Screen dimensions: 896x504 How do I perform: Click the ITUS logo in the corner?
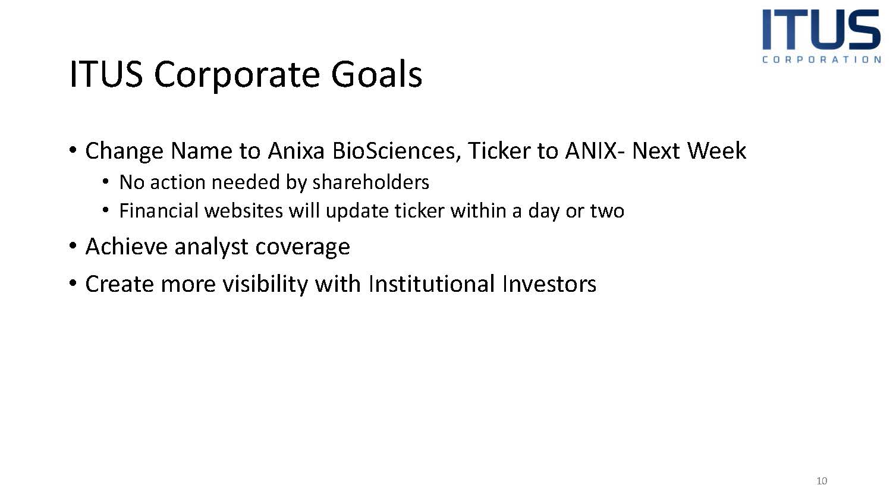[821, 36]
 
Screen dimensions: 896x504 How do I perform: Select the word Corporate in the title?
[237, 76]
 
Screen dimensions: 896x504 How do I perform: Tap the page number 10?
[822, 481]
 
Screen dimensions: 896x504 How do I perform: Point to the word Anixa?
[296, 151]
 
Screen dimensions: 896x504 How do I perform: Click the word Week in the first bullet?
[717, 151]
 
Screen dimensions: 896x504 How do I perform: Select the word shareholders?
[371, 182]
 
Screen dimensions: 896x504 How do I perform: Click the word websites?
[244, 211]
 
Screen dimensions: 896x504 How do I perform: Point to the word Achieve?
[127, 247]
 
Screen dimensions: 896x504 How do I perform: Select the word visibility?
[265, 285]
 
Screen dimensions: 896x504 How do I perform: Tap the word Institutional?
[432, 284]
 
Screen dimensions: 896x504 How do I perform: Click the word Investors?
[549, 284]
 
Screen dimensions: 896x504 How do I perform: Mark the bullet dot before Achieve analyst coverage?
[73, 245]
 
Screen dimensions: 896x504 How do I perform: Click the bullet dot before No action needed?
[106, 182]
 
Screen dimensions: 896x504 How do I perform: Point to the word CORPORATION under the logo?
[822, 59]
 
